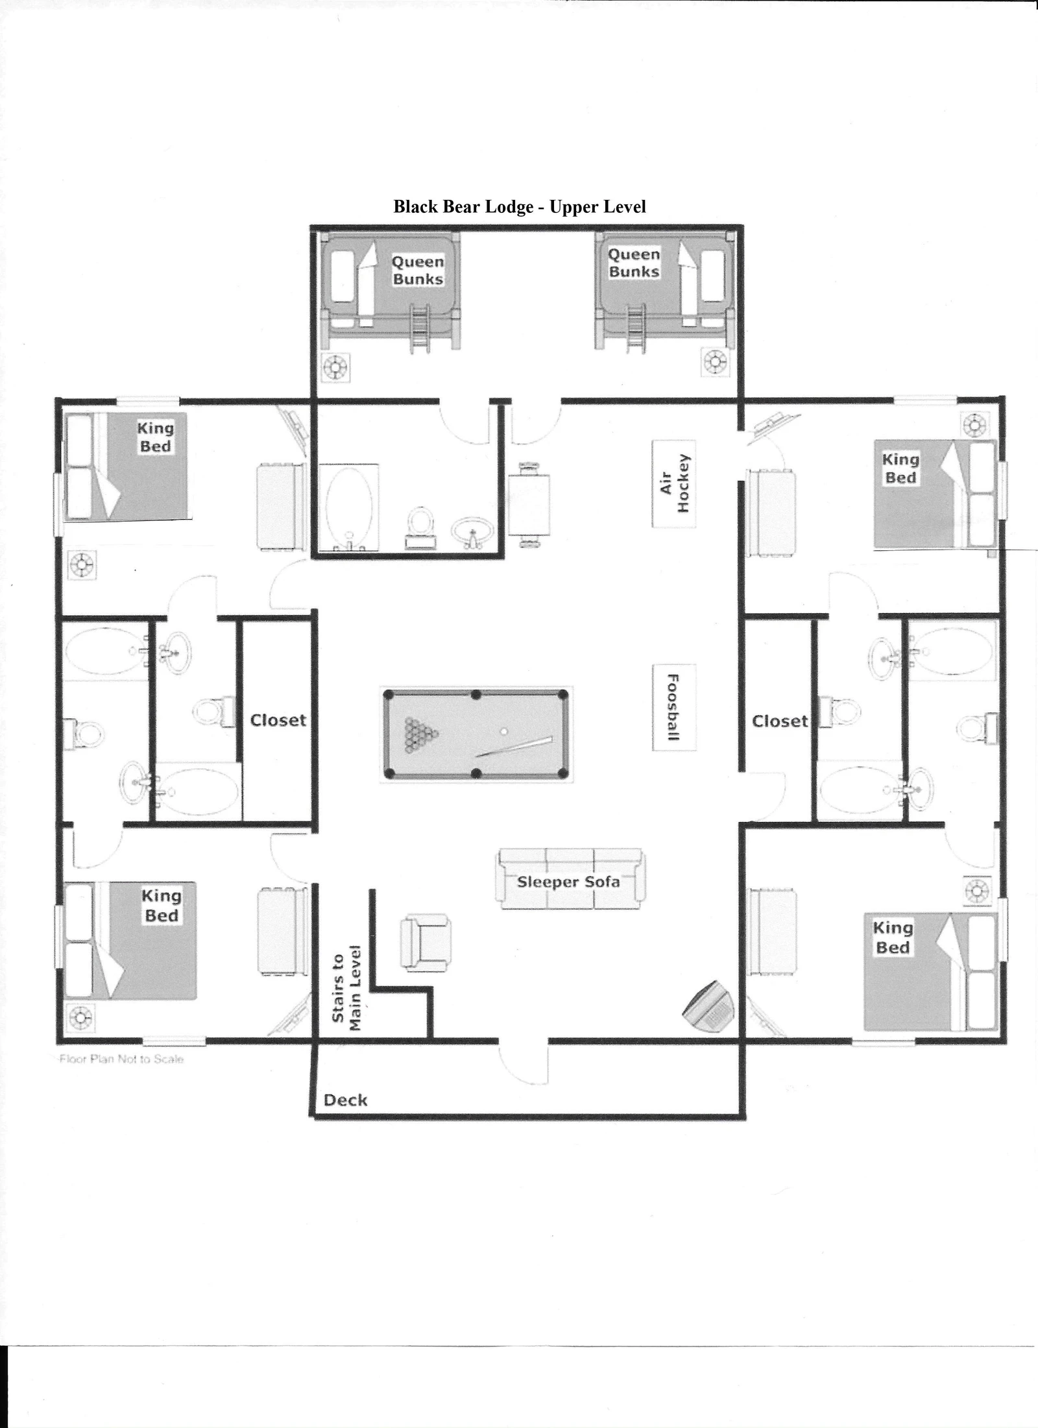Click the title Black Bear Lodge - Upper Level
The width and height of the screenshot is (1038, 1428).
click(520, 206)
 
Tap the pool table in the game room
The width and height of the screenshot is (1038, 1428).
click(476, 734)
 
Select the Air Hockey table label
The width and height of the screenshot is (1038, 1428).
click(675, 483)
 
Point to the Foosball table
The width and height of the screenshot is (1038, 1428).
click(674, 707)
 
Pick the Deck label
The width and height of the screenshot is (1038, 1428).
click(346, 1100)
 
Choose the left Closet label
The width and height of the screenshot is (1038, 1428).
click(278, 720)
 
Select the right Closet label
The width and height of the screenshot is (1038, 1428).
click(780, 721)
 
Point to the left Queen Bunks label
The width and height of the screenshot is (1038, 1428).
click(418, 271)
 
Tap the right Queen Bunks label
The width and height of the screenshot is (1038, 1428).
click(634, 263)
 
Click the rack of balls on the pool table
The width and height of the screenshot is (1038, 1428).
click(420, 734)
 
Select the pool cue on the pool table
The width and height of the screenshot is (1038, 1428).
click(514, 747)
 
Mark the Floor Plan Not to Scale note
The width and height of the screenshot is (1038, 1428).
click(121, 1059)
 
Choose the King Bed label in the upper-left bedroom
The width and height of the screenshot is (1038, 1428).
click(156, 437)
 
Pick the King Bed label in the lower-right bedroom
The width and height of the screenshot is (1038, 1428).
click(893, 938)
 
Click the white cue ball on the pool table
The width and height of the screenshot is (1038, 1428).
click(504, 731)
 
